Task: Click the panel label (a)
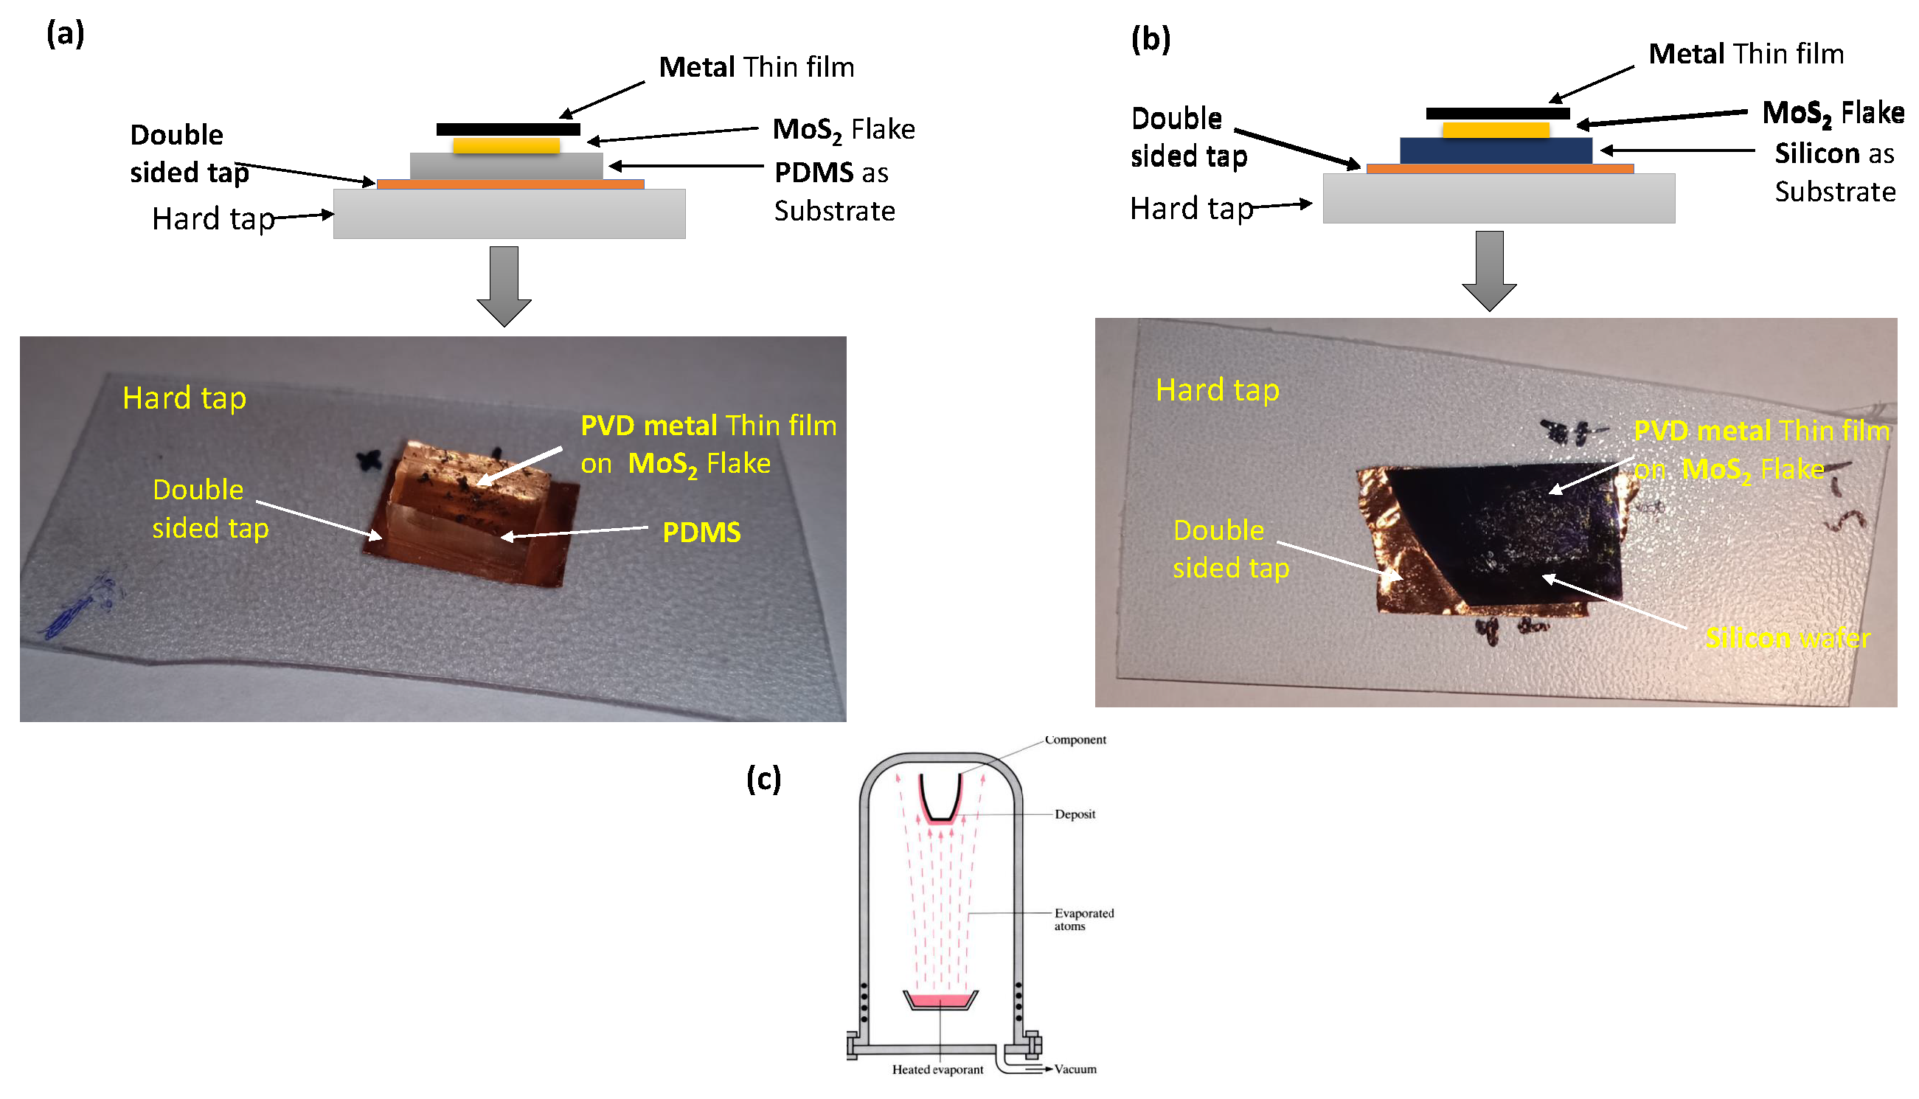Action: tap(65, 34)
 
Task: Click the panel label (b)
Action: tap(1151, 38)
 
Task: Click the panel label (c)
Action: tap(763, 778)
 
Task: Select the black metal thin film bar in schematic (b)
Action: tap(1498, 114)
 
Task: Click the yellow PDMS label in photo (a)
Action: tap(701, 533)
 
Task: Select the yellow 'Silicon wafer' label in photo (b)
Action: tap(1787, 639)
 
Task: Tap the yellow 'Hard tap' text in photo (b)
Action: tap(1217, 391)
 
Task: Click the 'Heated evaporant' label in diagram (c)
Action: tap(937, 1069)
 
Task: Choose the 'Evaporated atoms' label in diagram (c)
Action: tap(1083, 919)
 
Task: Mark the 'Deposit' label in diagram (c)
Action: tap(1075, 814)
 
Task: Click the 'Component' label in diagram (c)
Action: tap(1075, 741)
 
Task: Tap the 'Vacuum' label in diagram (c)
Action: tap(1075, 1069)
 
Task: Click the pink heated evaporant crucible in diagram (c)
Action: tap(940, 1001)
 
